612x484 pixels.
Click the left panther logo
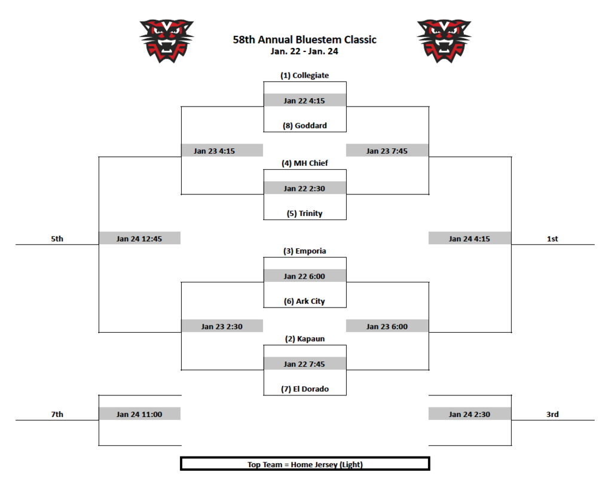pyautogui.click(x=167, y=41)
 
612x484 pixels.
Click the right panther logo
pyautogui.click(x=444, y=41)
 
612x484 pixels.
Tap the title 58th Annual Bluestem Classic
pyautogui.click(x=305, y=40)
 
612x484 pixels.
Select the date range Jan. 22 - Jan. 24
pyautogui.click(x=305, y=51)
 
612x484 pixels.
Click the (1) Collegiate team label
pyautogui.click(x=305, y=76)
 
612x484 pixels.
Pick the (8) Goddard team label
pyautogui.click(x=305, y=126)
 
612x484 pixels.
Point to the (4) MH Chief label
pyautogui.click(x=305, y=163)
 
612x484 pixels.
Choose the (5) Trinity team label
pyautogui.click(x=305, y=214)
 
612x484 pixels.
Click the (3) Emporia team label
pyautogui.click(x=305, y=251)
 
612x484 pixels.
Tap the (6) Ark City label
pyautogui.click(x=305, y=302)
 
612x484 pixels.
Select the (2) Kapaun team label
pyautogui.click(x=305, y=339)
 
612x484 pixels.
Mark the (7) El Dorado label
pyautogui.click(x=305, y=389)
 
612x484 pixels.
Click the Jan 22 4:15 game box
pyautogui.click(x=305, y=101)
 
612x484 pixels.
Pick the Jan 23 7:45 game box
pyautogui.click(x=387, y=151)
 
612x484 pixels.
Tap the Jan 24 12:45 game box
pyautogui.click(x=139, y=239)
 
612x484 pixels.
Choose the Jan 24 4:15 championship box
pyautogui.click(x=470, y=239)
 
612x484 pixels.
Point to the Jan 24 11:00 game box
pyautogui.click(x=139, y=414)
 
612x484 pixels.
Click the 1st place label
pyautogui.click(x=552, y=239)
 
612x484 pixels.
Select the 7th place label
pyautogui.click(x=57, y=414)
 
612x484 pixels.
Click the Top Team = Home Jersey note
pyautogui.click(x=305, y=464)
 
